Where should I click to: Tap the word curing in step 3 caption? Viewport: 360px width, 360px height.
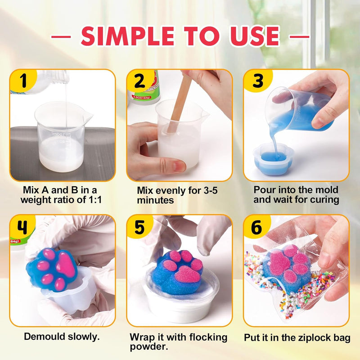(x=323, y=199)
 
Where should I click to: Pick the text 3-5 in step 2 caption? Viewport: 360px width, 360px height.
(x=207, y=190)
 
